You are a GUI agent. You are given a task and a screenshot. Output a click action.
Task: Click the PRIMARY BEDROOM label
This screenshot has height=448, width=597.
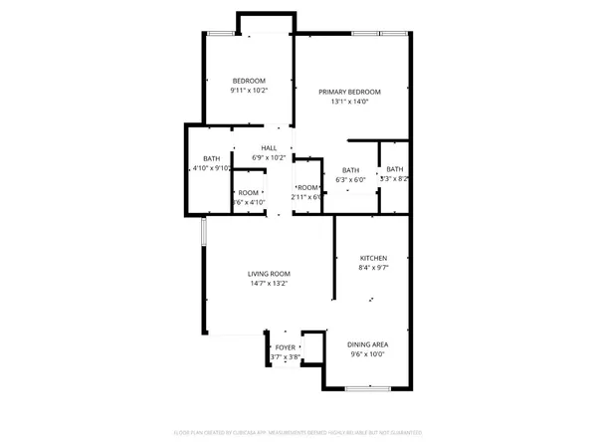(349, 92)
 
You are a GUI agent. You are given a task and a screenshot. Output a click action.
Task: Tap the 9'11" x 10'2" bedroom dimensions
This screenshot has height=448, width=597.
(249, 91)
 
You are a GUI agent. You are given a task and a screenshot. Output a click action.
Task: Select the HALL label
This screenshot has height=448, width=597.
(269, 147)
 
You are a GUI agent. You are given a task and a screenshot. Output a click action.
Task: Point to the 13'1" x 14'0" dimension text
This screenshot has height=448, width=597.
(349, 102)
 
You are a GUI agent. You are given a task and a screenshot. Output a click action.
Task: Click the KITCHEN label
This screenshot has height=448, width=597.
(373, 258)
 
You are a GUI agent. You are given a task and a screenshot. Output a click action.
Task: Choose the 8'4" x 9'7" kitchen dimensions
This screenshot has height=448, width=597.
(373, 268)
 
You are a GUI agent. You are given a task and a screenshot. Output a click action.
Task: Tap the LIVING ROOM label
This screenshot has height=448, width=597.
(269, 274)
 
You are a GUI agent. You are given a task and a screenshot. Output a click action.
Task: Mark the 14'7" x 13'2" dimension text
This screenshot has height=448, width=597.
(269, 284)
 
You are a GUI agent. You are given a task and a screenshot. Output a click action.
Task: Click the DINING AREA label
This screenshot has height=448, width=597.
(368, 343)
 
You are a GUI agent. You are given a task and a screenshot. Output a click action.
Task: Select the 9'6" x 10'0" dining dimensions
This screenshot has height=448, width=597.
(368, 353)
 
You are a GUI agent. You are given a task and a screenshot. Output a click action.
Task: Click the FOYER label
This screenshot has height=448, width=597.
(286, 347)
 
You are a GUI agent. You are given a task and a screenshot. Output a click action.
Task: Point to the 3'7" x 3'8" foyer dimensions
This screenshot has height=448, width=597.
(286, 357)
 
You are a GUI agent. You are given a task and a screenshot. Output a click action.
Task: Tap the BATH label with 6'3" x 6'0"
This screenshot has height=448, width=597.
(350, 170)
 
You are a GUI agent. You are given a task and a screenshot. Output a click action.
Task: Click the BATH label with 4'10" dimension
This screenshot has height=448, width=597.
(212, 159)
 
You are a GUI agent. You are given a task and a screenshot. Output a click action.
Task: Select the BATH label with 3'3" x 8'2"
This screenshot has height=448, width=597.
(395, 169)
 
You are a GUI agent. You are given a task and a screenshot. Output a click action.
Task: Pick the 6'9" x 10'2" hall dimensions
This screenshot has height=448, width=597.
(269, 157)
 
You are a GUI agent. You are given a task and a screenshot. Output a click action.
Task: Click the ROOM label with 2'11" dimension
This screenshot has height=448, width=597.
(307, 188)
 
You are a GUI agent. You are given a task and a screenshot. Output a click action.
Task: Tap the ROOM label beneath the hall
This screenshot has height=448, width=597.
(248, 192)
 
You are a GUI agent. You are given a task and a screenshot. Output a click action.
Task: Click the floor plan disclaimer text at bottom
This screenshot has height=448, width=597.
(298, 433)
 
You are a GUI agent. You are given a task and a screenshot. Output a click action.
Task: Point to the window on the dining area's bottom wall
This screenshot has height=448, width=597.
(359, 386)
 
